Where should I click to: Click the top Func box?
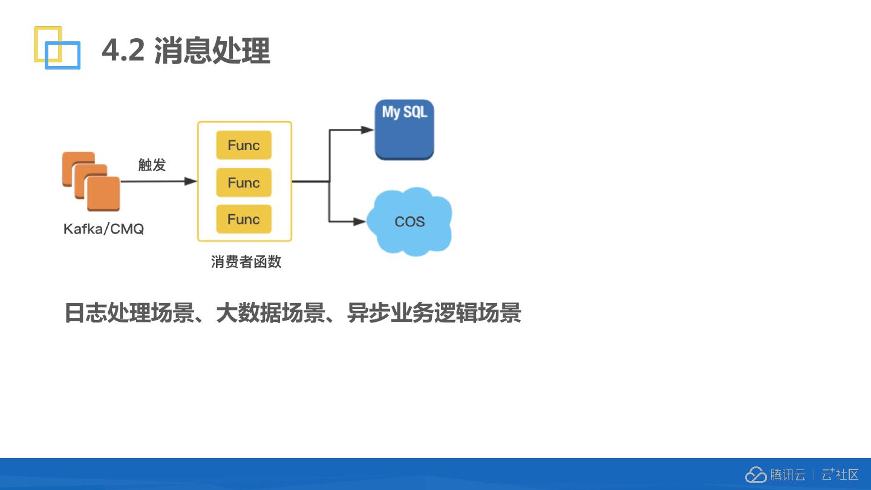244,145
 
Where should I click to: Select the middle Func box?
244,183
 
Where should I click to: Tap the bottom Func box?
244,220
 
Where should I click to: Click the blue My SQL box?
404,130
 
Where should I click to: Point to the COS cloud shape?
409,221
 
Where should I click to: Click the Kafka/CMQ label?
103,229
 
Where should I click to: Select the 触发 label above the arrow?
152,165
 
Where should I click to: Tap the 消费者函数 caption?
246,262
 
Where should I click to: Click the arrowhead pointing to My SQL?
367,129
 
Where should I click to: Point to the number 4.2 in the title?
123,50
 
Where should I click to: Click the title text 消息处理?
212,50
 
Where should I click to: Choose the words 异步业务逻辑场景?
434,313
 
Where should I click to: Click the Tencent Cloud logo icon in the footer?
755,475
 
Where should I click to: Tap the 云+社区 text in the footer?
840,475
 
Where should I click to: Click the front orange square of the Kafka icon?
103,194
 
